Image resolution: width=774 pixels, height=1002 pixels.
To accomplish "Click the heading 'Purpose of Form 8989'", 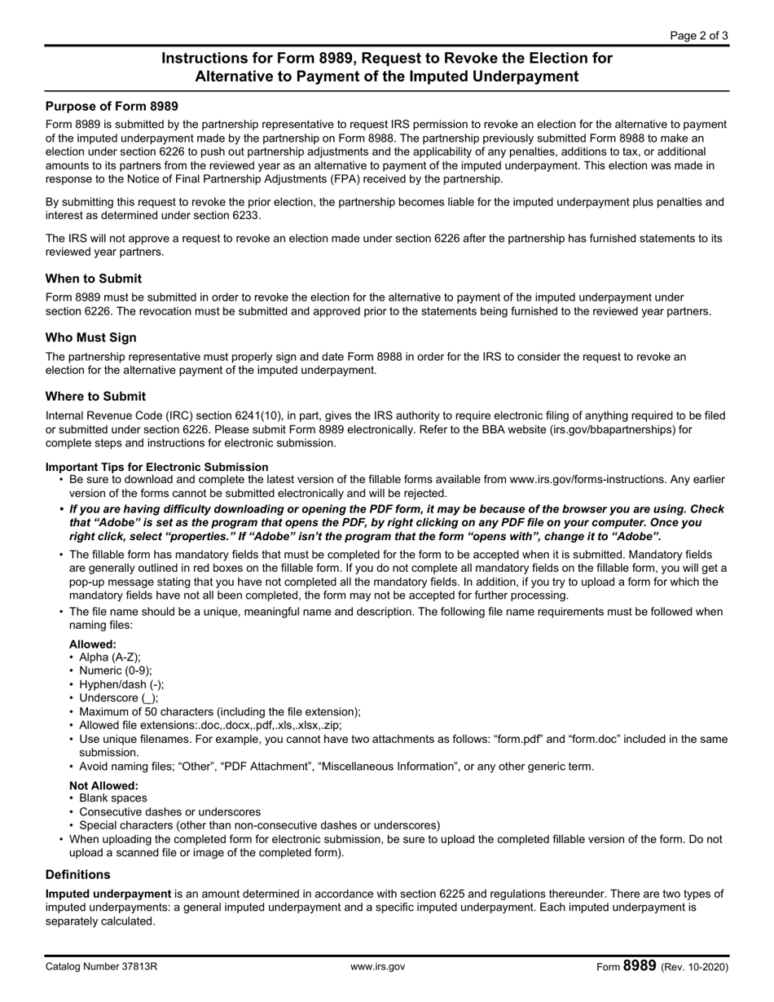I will (112, 106).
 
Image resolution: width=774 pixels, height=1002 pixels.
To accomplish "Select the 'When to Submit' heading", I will (94, 279).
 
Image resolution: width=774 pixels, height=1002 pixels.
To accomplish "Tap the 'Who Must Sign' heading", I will (91, 337).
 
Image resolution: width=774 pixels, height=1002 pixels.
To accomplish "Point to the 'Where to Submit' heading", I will (95, 397).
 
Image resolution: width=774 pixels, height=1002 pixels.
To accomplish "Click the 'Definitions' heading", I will (77, 874).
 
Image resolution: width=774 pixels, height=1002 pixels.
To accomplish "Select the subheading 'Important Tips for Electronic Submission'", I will (156, 467).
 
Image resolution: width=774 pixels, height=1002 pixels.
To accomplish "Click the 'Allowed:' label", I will (92, 644).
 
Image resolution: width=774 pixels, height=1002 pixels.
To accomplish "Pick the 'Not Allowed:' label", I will (103, 785).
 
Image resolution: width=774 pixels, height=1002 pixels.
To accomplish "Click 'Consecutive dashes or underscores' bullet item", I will (170, 811).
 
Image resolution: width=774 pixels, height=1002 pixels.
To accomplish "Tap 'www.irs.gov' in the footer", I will (377, 967).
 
